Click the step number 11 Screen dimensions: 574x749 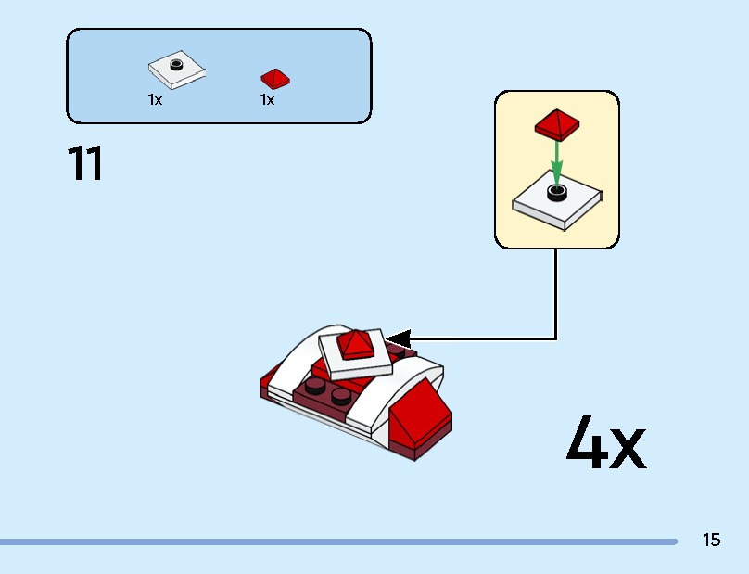(x=85, y=164)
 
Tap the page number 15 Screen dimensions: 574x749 (x=711, y=540)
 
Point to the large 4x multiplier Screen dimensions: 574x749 (x=605, y=445)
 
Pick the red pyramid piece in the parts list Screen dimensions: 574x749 (x=274, y=77)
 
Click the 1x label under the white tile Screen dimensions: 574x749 (x=155, y=100)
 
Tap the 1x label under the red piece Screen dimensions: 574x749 (x=267, y=100)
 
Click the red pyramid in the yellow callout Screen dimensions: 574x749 (x=556, y=123)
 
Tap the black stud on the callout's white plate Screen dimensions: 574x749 (x=556, y=192)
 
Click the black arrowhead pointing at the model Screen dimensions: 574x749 (x=399, y=338)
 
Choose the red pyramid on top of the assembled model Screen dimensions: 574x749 (x=354, y=344)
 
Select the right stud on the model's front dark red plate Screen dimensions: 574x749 (x=341, y=396)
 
